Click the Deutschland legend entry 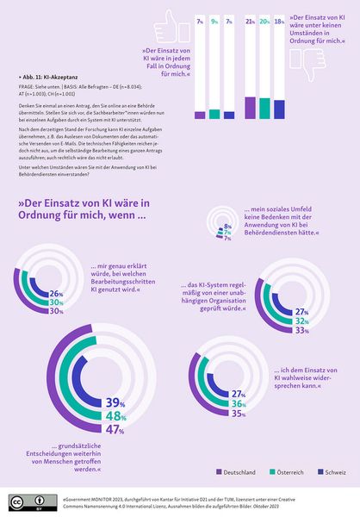235,472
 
